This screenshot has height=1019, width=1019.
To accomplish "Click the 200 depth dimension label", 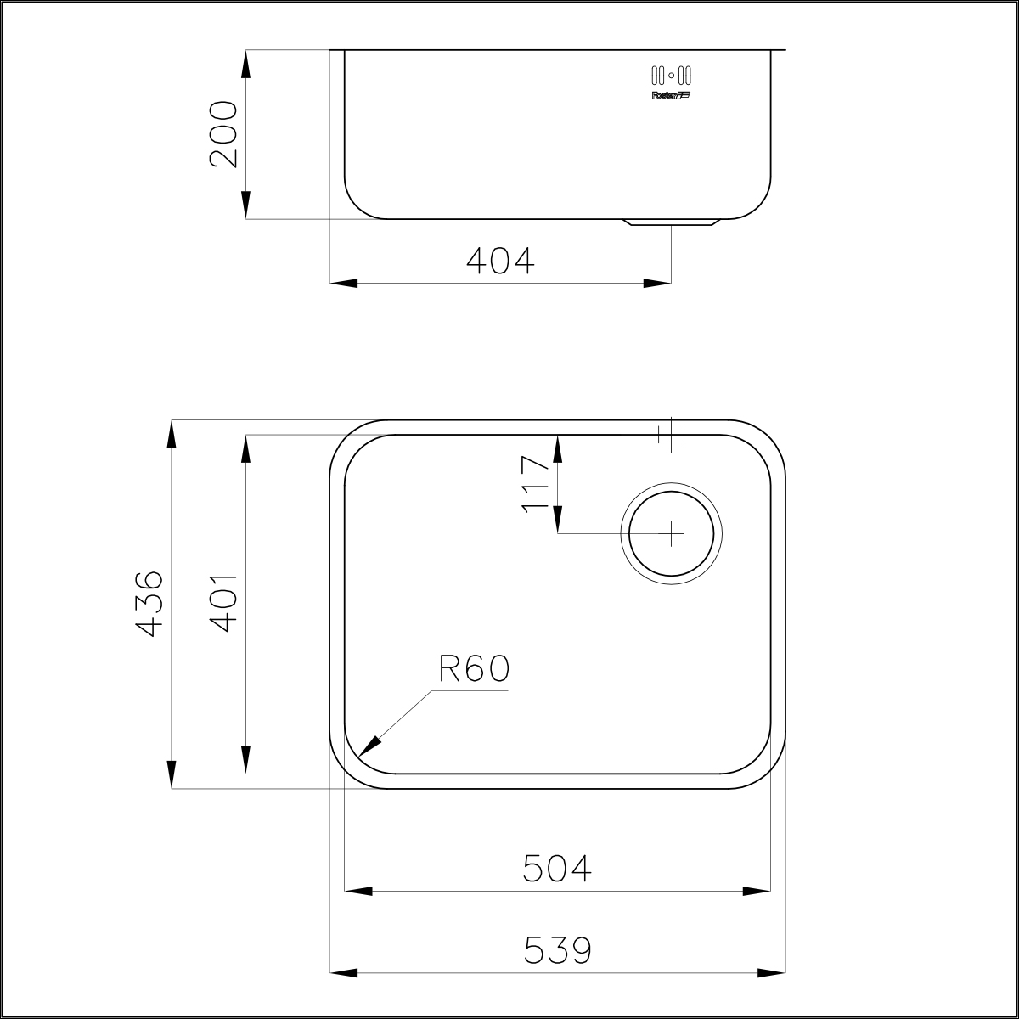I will [x=223, y=134].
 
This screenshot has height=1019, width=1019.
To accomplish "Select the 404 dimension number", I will [x=501, y=261].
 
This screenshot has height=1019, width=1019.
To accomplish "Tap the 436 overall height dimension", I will [x=149, y=604].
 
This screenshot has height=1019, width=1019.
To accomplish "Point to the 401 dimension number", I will [x=223, y=602].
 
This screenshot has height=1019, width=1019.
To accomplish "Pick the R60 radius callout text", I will [x=474, y=670].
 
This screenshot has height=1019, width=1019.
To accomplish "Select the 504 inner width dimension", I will [x=557, y=869].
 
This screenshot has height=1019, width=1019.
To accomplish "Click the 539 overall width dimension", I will [x=557, y=950].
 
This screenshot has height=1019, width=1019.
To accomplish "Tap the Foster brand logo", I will [x=671, y=95].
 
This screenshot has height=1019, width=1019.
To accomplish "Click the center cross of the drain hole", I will [x=672, y=533].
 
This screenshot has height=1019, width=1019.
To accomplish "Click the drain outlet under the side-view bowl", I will [x=672, y=223].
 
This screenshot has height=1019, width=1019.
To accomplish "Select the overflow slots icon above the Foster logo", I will [x=671, y=74].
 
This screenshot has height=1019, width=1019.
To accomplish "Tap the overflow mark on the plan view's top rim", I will [x=671, y=435].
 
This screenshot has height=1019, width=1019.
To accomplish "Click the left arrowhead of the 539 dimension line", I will [x=342, y=971].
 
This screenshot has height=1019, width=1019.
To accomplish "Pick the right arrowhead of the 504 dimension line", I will [x=757, y=891].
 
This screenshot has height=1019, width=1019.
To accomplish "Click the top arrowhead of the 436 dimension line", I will [x=172, y=434].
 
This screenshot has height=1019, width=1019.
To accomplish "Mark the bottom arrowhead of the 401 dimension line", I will [x=245, y=760].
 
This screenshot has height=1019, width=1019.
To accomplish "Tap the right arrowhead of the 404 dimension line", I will [x=657, y=283].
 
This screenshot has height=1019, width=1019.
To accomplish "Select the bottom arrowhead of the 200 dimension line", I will [x=245, y=205].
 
